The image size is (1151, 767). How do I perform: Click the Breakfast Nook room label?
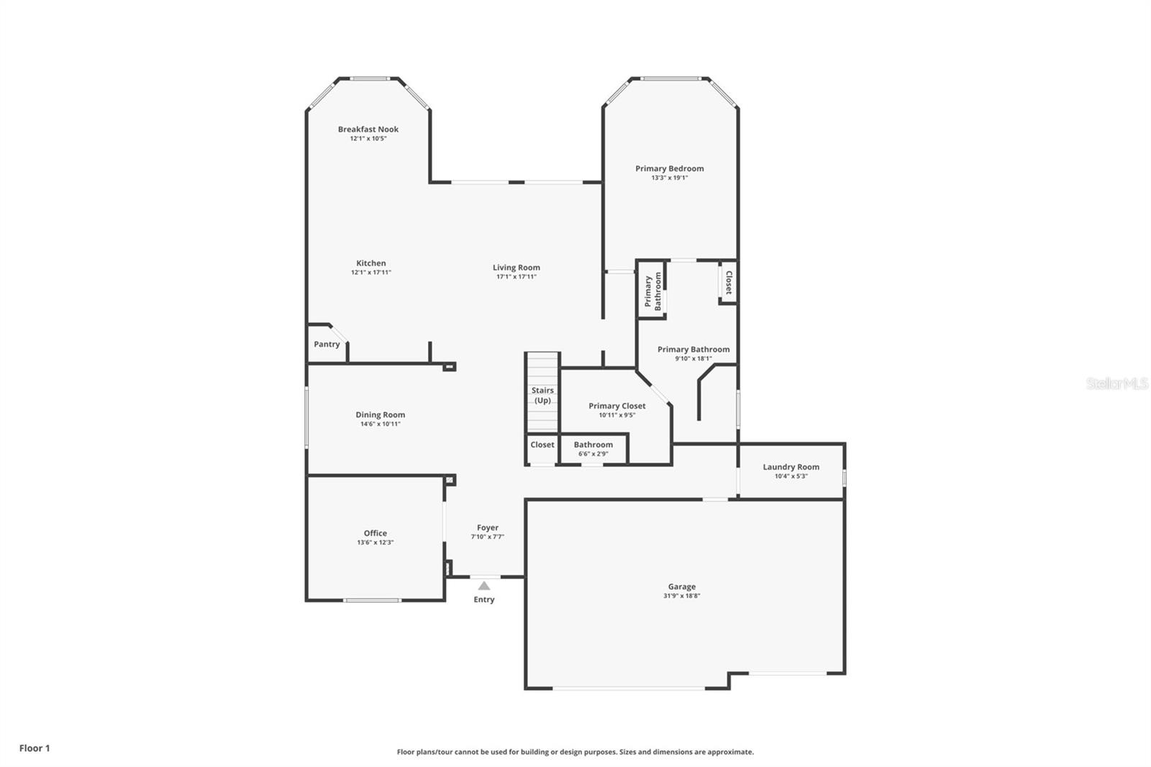click(368, 130)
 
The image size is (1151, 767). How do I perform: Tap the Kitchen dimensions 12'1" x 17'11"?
click(370, 273)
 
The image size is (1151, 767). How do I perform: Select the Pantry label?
click(327, 345)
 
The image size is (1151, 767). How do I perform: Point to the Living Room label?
click(517, 268)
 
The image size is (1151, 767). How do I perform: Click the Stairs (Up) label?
click(542, 395)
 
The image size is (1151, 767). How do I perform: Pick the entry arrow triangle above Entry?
click(484, 586)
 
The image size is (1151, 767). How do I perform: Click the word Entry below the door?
click(484, 599)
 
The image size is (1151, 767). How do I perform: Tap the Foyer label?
click(488, 527)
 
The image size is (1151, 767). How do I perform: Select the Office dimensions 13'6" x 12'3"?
click(376, 543)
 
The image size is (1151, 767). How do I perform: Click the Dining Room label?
click(380, 414)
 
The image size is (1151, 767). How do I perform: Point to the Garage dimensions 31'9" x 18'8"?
click(681, 596)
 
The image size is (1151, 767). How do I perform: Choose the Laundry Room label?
click(791, 467)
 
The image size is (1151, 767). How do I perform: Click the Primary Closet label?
click(617, 406)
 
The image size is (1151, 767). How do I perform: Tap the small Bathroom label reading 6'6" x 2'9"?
click(593, 445)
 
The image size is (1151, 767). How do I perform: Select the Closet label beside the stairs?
click(542, 445)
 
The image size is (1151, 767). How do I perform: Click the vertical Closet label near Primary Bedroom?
click(728, 282)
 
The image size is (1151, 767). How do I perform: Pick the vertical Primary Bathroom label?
click(652, 290)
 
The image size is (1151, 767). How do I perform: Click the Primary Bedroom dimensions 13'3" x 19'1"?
click(670, 178)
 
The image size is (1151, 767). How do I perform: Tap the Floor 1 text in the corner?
click(35, 748)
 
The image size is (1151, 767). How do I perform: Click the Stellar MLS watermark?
click(1116, 383)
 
